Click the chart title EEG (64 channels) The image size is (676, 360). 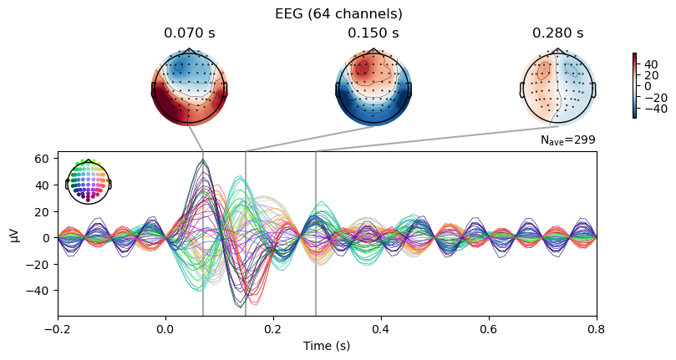point(338,14)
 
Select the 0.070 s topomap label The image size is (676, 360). point(189,33)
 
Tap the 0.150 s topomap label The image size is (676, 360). point(374,33)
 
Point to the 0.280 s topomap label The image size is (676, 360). point(558,33)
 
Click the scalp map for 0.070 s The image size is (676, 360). point(189,88)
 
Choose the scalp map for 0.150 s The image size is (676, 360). point(374,88)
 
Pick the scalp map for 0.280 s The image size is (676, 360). point(558,88)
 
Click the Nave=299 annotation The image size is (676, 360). point(567,140)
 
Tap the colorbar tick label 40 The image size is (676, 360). point(652,64)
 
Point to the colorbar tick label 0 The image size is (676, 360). point(648,86)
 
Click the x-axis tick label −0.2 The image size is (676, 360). point(58,330)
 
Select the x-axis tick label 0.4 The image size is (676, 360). point(381,330)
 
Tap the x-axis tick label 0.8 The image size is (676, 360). point(597,330)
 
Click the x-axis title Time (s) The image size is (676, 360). point(327,346)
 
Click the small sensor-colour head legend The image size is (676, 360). point(89,181)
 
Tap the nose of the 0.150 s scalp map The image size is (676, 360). point(374,49)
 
